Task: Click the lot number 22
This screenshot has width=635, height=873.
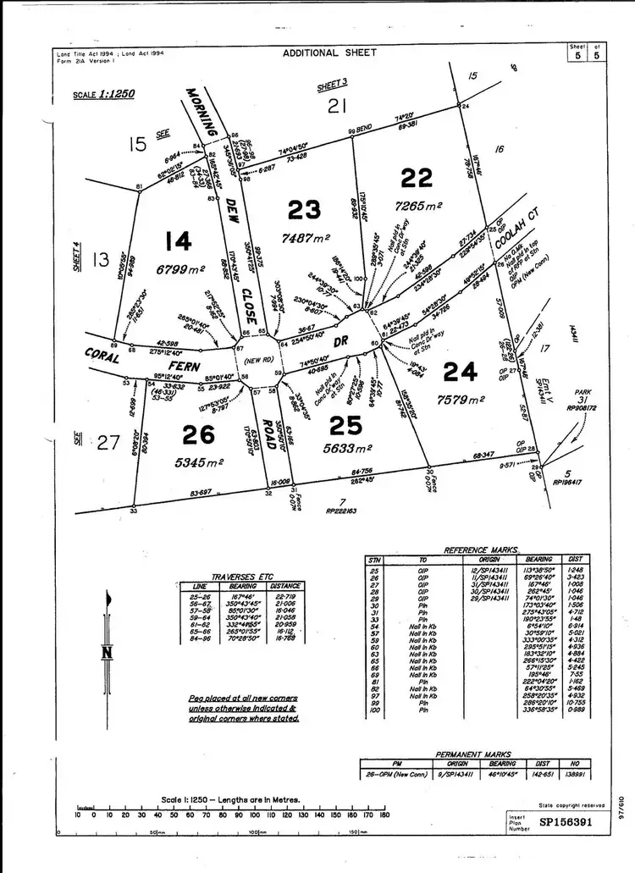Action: point(417,178)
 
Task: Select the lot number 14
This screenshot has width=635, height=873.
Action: point(179,243)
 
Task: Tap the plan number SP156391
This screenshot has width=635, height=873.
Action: point(573,822)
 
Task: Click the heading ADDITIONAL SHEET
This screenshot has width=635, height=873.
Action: point(324,52)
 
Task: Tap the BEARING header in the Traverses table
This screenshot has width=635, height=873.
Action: point(240,585)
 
